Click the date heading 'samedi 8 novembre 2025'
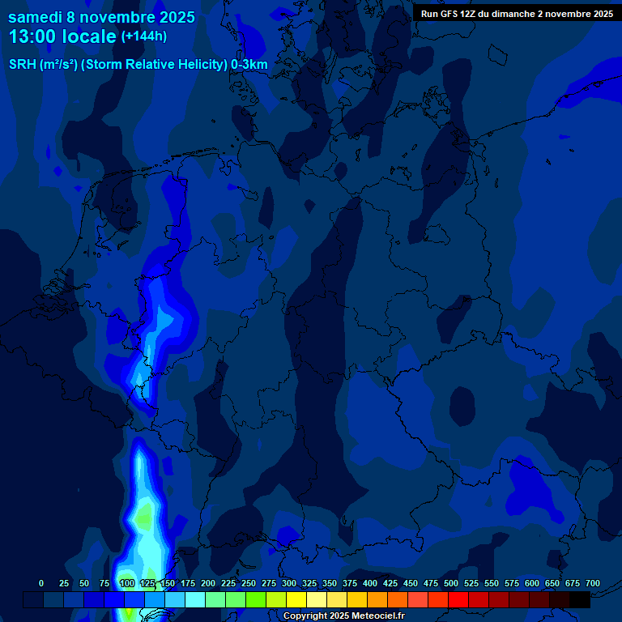[x=101, y=17]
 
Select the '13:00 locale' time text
[x=62, y=36]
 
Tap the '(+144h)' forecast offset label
[x=144, y=36]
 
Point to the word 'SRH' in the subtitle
[x=23, y=65]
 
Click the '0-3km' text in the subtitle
[x=249, y=65]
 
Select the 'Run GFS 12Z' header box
[x=517, y=14]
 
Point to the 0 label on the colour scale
[x=41, y=583]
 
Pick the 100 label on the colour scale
[x=126, y=583]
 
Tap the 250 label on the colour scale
[x=249, y=583]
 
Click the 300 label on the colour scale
[x=289, y=583]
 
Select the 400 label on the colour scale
[x=370, y=583]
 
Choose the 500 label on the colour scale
[x=451, y=583]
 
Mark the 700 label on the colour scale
[x=593, y=583]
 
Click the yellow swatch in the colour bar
[x=296, y=599]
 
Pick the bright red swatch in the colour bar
[x=458, y=599]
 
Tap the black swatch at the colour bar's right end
[x=580, y=599]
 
